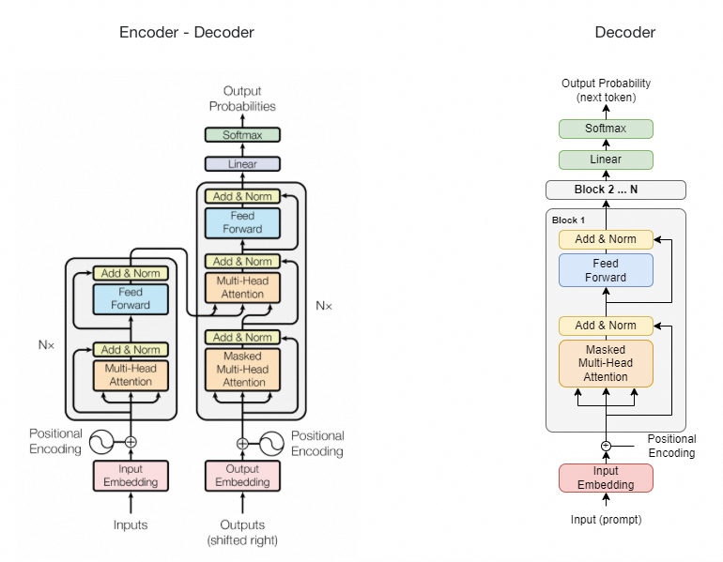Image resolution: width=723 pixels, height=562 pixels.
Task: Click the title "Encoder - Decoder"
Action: click(x=187, y=33)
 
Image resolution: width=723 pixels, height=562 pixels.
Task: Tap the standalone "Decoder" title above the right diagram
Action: click(x=625, y=33)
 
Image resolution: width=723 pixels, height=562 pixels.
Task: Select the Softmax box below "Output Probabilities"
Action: click(x=243, y=135)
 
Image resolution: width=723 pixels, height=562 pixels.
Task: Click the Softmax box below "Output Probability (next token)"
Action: click(x=606, y=129)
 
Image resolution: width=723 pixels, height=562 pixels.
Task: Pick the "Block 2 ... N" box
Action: click(x=616, y=190)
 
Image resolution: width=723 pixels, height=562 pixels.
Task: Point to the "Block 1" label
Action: click(x=568, y=220)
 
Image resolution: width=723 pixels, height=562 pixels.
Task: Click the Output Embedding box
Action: click(x=243, y=476)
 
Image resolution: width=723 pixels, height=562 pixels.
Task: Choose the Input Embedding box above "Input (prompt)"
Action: click(x=606, y=478)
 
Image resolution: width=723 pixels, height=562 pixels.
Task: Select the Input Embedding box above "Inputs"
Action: click(x=131, y=476)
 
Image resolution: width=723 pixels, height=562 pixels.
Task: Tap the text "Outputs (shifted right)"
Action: click(x=243, y=532)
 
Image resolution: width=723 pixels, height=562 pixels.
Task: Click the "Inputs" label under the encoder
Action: click(x=131, y=524)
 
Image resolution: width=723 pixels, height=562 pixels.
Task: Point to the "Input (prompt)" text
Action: click(x=606, y=519)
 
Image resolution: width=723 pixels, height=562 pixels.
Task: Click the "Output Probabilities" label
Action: click(x=243, y=99)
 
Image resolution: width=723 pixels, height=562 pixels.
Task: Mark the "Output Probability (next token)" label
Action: click(x=606, y=90)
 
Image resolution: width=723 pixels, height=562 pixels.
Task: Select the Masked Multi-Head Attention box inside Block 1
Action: click(x=606, y=363)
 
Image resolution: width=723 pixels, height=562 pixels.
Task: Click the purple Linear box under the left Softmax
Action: click(x=243, y=164)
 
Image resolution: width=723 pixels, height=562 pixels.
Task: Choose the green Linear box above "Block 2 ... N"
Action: click(x=606, y=159)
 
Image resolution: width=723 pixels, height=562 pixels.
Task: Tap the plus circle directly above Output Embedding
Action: click(x=243, y=442)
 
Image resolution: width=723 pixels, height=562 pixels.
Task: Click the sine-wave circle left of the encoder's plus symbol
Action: click(x=101, y=442)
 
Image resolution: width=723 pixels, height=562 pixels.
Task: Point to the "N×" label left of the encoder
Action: click(x=47, y=345)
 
